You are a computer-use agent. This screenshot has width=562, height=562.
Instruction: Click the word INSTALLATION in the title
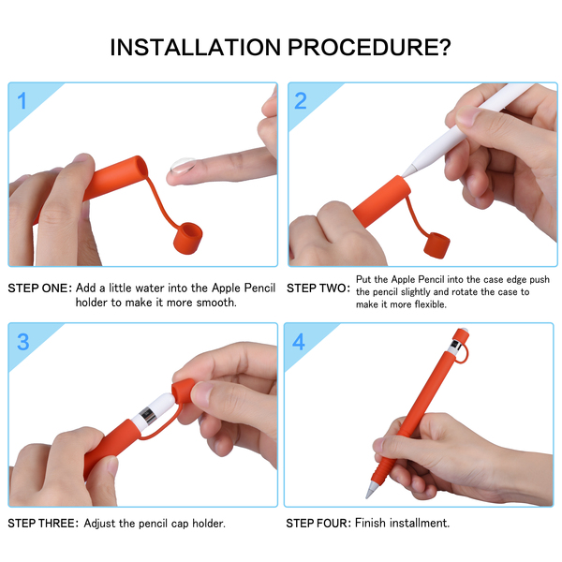coord(196,48)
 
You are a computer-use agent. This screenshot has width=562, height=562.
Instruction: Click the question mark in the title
coord(445,47)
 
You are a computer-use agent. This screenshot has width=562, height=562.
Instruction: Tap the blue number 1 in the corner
coord(22,101)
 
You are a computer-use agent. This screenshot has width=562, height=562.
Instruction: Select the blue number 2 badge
coord(301,101)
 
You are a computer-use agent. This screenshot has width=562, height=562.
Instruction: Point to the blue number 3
coord(23,342)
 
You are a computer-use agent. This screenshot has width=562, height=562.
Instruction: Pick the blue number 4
coord(299,342)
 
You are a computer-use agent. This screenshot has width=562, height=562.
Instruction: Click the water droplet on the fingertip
coord(184,165)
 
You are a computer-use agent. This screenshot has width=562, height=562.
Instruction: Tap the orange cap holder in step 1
coord(188,238)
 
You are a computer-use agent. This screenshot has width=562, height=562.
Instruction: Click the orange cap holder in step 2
coord(436,245)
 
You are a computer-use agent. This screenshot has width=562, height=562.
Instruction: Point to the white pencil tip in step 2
coord(408,171)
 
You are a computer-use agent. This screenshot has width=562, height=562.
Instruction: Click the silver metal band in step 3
coord(148,416)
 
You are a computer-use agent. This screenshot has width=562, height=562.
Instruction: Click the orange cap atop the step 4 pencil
coord(461,336)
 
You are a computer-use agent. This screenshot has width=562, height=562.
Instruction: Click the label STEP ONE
coord(40,288)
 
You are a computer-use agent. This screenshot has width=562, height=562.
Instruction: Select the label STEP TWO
coord(318,288)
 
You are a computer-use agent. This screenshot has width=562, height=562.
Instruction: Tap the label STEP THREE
coord(43,524)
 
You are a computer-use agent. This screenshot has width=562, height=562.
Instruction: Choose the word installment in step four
coord(420,523)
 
